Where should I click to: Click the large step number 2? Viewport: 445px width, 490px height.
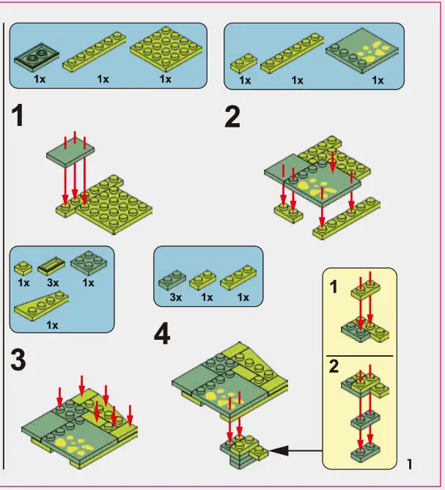click(232, 117)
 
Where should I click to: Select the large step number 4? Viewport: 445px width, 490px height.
click(162, 334)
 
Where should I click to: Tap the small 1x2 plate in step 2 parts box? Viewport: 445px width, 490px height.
click(244, 64)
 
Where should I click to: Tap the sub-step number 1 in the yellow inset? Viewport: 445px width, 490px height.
click(334, 288)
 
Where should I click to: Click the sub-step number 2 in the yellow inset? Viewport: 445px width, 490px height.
click(334, 366)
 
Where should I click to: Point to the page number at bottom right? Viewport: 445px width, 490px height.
click(409, 464)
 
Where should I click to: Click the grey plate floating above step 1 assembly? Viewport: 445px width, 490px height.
click(70, 152)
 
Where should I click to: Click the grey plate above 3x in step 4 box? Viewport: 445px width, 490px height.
click(174, 280)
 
